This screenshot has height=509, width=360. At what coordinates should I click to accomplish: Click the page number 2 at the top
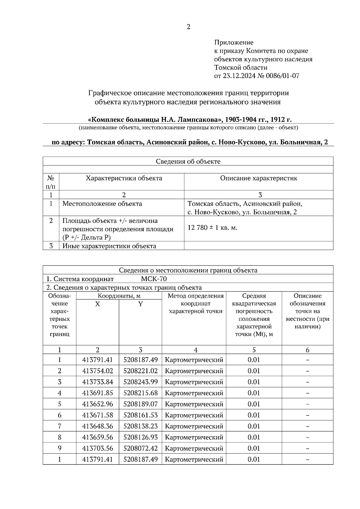188,27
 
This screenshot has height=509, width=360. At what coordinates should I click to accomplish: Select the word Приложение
234,43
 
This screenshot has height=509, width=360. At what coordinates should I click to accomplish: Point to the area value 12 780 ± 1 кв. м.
212,228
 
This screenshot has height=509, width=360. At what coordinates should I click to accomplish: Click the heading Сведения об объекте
188,162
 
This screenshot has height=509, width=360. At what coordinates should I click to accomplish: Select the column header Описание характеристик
259,178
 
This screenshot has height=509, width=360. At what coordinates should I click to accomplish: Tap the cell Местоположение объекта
102,204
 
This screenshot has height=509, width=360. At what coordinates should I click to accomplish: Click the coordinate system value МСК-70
154,279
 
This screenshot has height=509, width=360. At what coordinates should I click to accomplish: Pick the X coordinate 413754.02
97,371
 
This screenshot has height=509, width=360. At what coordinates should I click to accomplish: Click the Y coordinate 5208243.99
140,382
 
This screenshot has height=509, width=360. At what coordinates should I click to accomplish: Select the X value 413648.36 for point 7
97,426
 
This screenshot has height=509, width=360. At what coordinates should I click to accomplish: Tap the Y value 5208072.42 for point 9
140,448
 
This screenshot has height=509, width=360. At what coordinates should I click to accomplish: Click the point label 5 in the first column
59,404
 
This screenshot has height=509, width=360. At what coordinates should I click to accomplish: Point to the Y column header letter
140,304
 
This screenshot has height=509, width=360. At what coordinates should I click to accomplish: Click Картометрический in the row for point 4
194,393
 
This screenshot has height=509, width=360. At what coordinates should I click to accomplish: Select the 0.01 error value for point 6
254,415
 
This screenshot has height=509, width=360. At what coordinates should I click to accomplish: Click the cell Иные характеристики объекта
109,246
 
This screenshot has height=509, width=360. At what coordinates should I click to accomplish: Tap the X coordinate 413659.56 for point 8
97,437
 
